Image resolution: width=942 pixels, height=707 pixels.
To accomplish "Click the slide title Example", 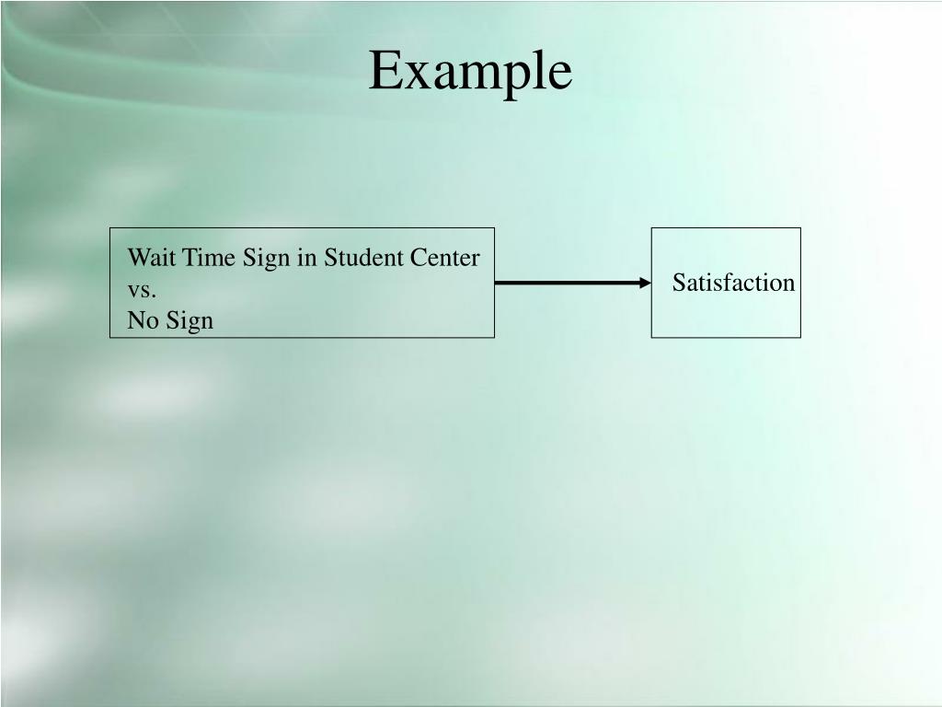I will pos(470,71).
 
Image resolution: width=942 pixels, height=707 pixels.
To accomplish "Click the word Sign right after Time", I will pos(267,259).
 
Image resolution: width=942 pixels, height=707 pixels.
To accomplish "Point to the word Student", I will pos(363,258).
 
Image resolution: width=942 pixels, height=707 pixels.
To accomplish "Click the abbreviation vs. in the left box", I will pos(142,290).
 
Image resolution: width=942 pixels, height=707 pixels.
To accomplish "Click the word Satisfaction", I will pos(733,283).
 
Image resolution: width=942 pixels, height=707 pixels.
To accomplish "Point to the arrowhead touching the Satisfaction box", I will pos(645,283).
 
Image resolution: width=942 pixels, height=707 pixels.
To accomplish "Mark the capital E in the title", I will pos(384,71).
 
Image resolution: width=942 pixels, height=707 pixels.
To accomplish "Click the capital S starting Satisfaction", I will pos(678,283).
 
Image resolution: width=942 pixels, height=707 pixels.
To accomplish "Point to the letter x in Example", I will pos(413,75).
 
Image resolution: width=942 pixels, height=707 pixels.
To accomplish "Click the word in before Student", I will pos(306,258).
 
